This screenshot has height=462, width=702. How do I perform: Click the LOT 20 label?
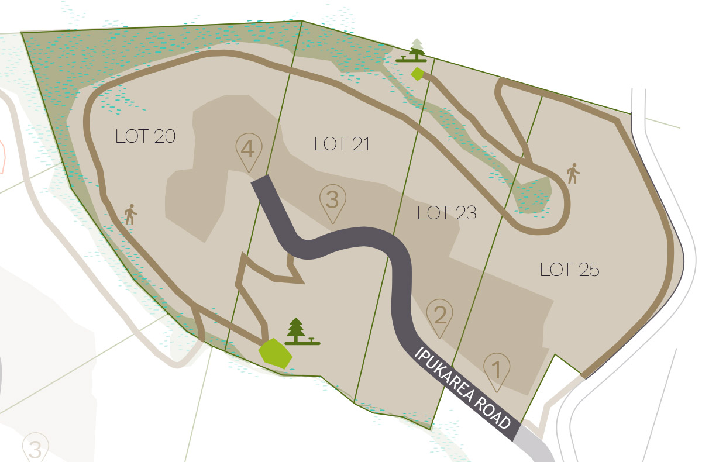pyautogui.click(x=146, y=136)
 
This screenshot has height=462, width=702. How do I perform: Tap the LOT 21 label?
pyautogui.click(x=342, y=144)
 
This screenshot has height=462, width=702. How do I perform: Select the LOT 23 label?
pyautogui.click(x=447, y=213)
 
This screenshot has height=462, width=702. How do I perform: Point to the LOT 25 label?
pyautogui.click(x=570, y=270)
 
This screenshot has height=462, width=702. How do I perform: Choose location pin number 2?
pyautogui.click(x=440, y=316)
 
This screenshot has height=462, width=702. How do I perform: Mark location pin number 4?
pyautogui.click(x=247, y=150)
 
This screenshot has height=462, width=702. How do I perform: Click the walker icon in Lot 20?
pyautogui.click(x=130, y=215)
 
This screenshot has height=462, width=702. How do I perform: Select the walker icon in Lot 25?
pyautogui.click(x=573, y=174)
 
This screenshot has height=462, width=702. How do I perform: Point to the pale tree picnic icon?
pyautogui.click(x=417, y=50)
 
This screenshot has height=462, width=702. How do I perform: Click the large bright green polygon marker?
pyautogui.click(x=275, y=353)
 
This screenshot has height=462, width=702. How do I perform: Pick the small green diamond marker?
pyautogui.click(x=417, y=74)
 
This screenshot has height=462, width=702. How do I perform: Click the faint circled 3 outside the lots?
pyautogui.click(x=35, y=450)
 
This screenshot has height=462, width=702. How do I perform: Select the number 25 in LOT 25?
pyautogui.click(x=586, y=270)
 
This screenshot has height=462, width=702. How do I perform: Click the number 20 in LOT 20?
pyautogui.click(x=162, y=136)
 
